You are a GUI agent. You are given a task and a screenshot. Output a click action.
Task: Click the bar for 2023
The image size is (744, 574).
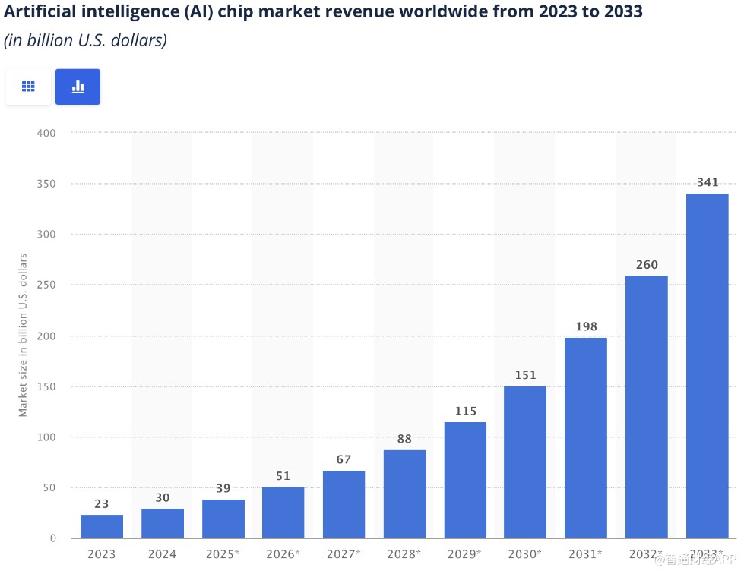point(102,526)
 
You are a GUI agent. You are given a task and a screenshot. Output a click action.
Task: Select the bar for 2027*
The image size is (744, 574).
point(344,504)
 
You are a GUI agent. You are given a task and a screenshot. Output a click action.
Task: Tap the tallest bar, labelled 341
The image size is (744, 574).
point(707,365)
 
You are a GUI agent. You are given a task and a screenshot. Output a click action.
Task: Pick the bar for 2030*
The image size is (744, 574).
point(525,462)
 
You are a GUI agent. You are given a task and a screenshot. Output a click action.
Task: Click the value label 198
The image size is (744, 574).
point(586,327)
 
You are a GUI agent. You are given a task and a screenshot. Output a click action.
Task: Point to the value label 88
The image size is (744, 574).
point(404,439)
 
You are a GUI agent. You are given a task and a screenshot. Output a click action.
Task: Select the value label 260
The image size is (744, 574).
point(646,265)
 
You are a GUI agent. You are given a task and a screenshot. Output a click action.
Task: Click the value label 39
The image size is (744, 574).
point(223,488)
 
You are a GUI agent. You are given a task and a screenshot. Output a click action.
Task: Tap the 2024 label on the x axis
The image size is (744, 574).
point(162,554)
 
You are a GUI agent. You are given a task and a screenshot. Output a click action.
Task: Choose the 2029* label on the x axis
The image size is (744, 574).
point(465,554)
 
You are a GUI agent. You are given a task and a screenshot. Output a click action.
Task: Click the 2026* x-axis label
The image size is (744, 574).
point(283,554)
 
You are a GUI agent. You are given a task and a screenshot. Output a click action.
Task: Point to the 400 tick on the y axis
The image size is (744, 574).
point(46,133)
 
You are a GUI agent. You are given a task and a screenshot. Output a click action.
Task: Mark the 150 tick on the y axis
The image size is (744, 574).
point(46,386)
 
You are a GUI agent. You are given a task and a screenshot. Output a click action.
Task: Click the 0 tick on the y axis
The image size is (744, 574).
point(53,538)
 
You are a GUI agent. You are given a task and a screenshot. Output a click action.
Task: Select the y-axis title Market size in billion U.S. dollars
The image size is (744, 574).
point(24,335)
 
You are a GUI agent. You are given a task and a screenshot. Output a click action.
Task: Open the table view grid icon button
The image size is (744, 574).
point(29,87)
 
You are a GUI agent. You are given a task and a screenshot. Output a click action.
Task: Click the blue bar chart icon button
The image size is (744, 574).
point(78,87)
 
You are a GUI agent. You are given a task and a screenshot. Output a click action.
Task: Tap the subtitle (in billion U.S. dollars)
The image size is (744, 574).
point(85,41)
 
